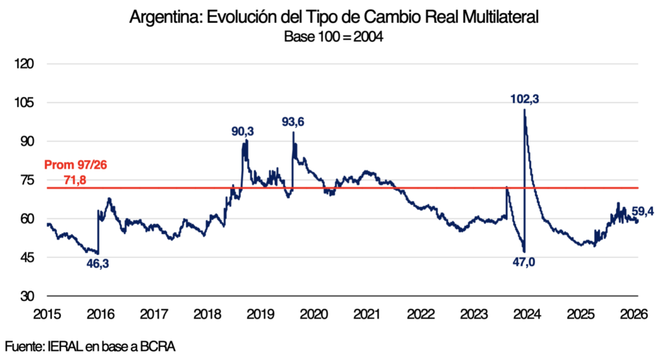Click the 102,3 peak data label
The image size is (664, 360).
tap(525, 99)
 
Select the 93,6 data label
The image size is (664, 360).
tap(294, 121)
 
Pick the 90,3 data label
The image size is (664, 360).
tap(243, 132)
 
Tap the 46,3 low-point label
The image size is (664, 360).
tap(97, 263)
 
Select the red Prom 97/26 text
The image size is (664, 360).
tap(75, 166)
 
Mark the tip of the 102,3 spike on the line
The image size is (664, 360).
tap(524, 110)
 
